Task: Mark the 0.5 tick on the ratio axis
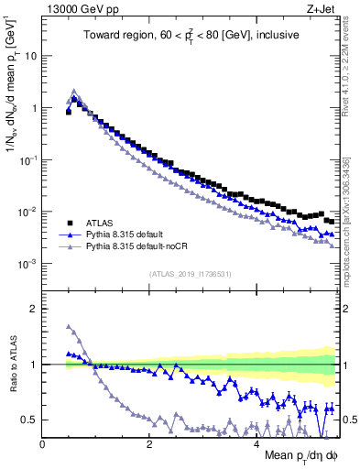coord(30,420)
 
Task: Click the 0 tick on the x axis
coord(42,444)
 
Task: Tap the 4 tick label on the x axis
coord(256,444)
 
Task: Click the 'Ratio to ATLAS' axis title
coord(11,366)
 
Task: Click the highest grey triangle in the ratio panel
coord(69,326)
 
